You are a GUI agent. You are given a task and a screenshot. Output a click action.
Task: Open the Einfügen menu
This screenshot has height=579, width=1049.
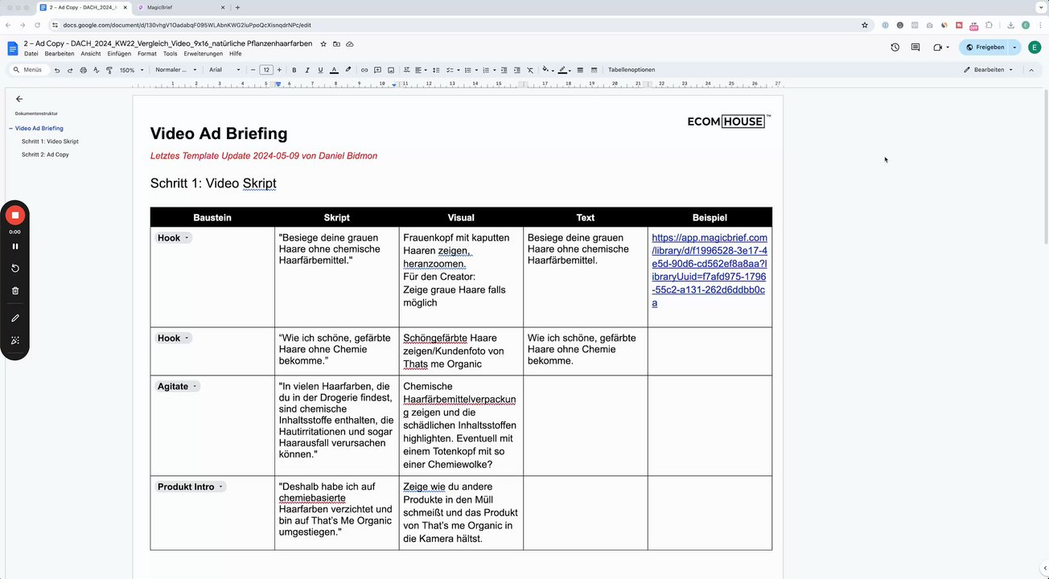(x=119, y=54)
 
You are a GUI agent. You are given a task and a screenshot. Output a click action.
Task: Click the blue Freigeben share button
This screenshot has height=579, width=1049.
(x=985, y=47)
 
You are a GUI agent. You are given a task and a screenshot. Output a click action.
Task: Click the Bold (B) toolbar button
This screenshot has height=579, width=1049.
(x=294, y=70)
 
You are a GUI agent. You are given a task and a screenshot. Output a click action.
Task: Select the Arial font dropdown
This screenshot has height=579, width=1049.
(x=224, y=70)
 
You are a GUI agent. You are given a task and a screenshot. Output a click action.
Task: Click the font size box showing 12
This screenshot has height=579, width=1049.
(x=267, y=70)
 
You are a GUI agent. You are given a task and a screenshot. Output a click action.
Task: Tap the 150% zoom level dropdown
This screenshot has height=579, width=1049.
(x=131, y=70)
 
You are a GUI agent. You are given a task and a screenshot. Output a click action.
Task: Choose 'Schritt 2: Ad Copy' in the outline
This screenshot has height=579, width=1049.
(x=45, y=154)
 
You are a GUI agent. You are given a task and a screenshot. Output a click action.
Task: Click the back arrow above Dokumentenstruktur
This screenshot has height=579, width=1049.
(x=19, y=99)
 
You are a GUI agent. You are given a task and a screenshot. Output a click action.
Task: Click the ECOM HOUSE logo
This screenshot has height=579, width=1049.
(x=727, y=121)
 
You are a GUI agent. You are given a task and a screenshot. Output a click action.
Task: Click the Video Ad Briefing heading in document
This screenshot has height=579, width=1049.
(x=219, y=133)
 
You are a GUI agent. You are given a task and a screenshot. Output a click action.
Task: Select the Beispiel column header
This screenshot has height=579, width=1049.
(x=709, y=218)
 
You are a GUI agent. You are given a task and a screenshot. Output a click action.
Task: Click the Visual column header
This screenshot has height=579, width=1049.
(x=461, y=218)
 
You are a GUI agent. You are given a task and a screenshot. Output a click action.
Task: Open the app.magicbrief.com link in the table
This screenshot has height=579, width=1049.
(x=709, y=270)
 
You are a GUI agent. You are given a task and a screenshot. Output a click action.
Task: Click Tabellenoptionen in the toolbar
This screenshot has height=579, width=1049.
(x=631, y=70)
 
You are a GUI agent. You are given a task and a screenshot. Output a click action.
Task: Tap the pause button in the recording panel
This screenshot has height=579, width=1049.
(x=15, y=246)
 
